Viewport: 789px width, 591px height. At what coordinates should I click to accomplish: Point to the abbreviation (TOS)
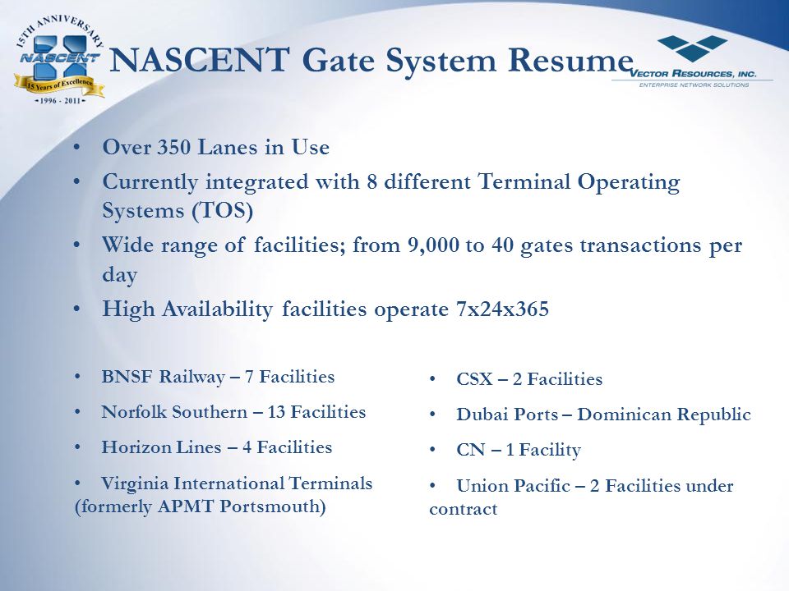coord(224,210)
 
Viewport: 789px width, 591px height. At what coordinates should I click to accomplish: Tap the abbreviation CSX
coord(473,380)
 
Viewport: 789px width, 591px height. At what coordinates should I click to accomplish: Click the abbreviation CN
coord(468,451)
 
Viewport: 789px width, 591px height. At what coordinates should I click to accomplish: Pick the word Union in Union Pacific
coord(480,487)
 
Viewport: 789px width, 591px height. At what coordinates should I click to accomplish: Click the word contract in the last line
coord(463,510)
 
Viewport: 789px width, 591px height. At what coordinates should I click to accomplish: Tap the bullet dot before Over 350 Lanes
coord(77,149)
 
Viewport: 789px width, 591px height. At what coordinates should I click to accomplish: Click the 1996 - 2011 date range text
coord(58,102)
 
